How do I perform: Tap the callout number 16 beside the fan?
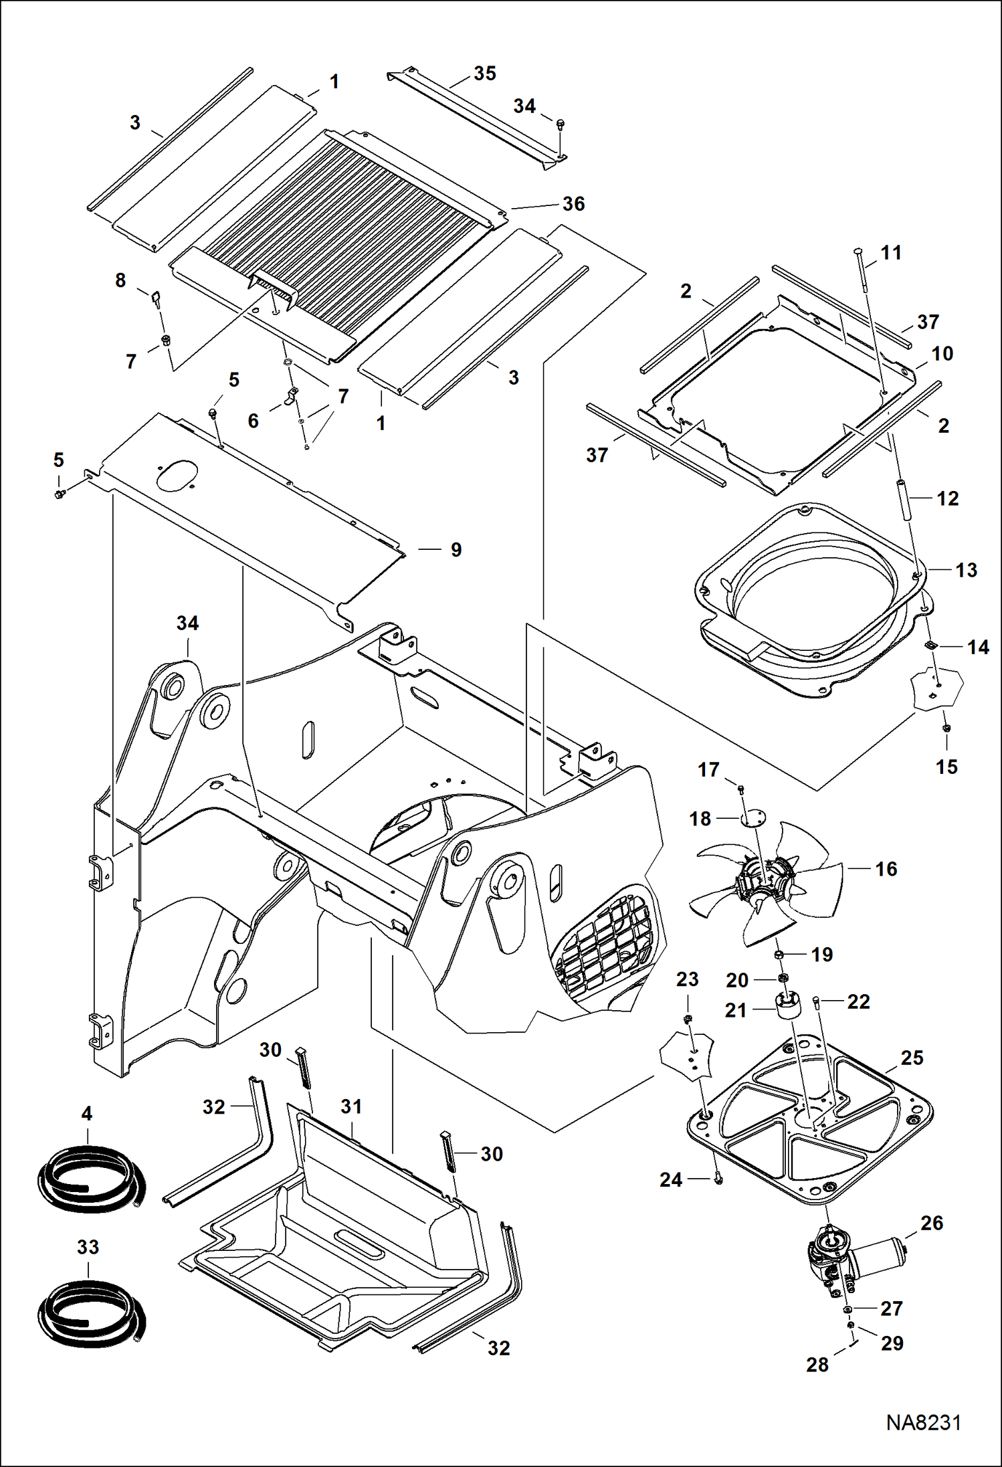(x=886, y=869)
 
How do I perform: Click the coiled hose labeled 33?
(x=90, y=1314)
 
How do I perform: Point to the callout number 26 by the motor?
(x=931, y=1223)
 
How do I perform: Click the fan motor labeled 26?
(x=853, y=1258)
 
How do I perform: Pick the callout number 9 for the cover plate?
(x=456, y=550)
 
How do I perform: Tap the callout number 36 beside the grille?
(x=573, y=204)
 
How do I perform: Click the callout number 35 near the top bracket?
(x=484, y=74)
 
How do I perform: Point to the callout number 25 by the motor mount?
(x=912, y=1058)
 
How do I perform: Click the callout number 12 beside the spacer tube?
(x=947, y=498)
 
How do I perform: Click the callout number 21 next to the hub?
(x=736, y=1010)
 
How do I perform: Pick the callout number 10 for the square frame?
(x=942, y=354)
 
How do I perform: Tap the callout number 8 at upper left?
(x=120, y=280)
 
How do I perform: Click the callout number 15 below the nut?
(x=946, y=767)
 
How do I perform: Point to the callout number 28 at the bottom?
(x=817, y=1365)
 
